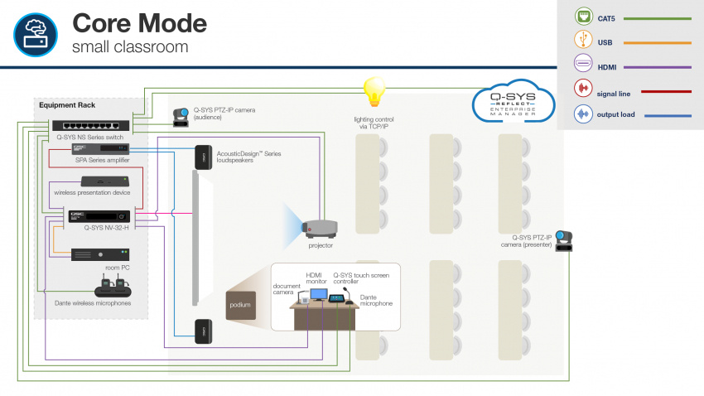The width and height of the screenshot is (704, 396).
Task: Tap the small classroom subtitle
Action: click(x=129, y=47)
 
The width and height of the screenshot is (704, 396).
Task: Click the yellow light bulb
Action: click(x=376, y=89)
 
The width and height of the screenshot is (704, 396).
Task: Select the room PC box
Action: click(x=99, y=255)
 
